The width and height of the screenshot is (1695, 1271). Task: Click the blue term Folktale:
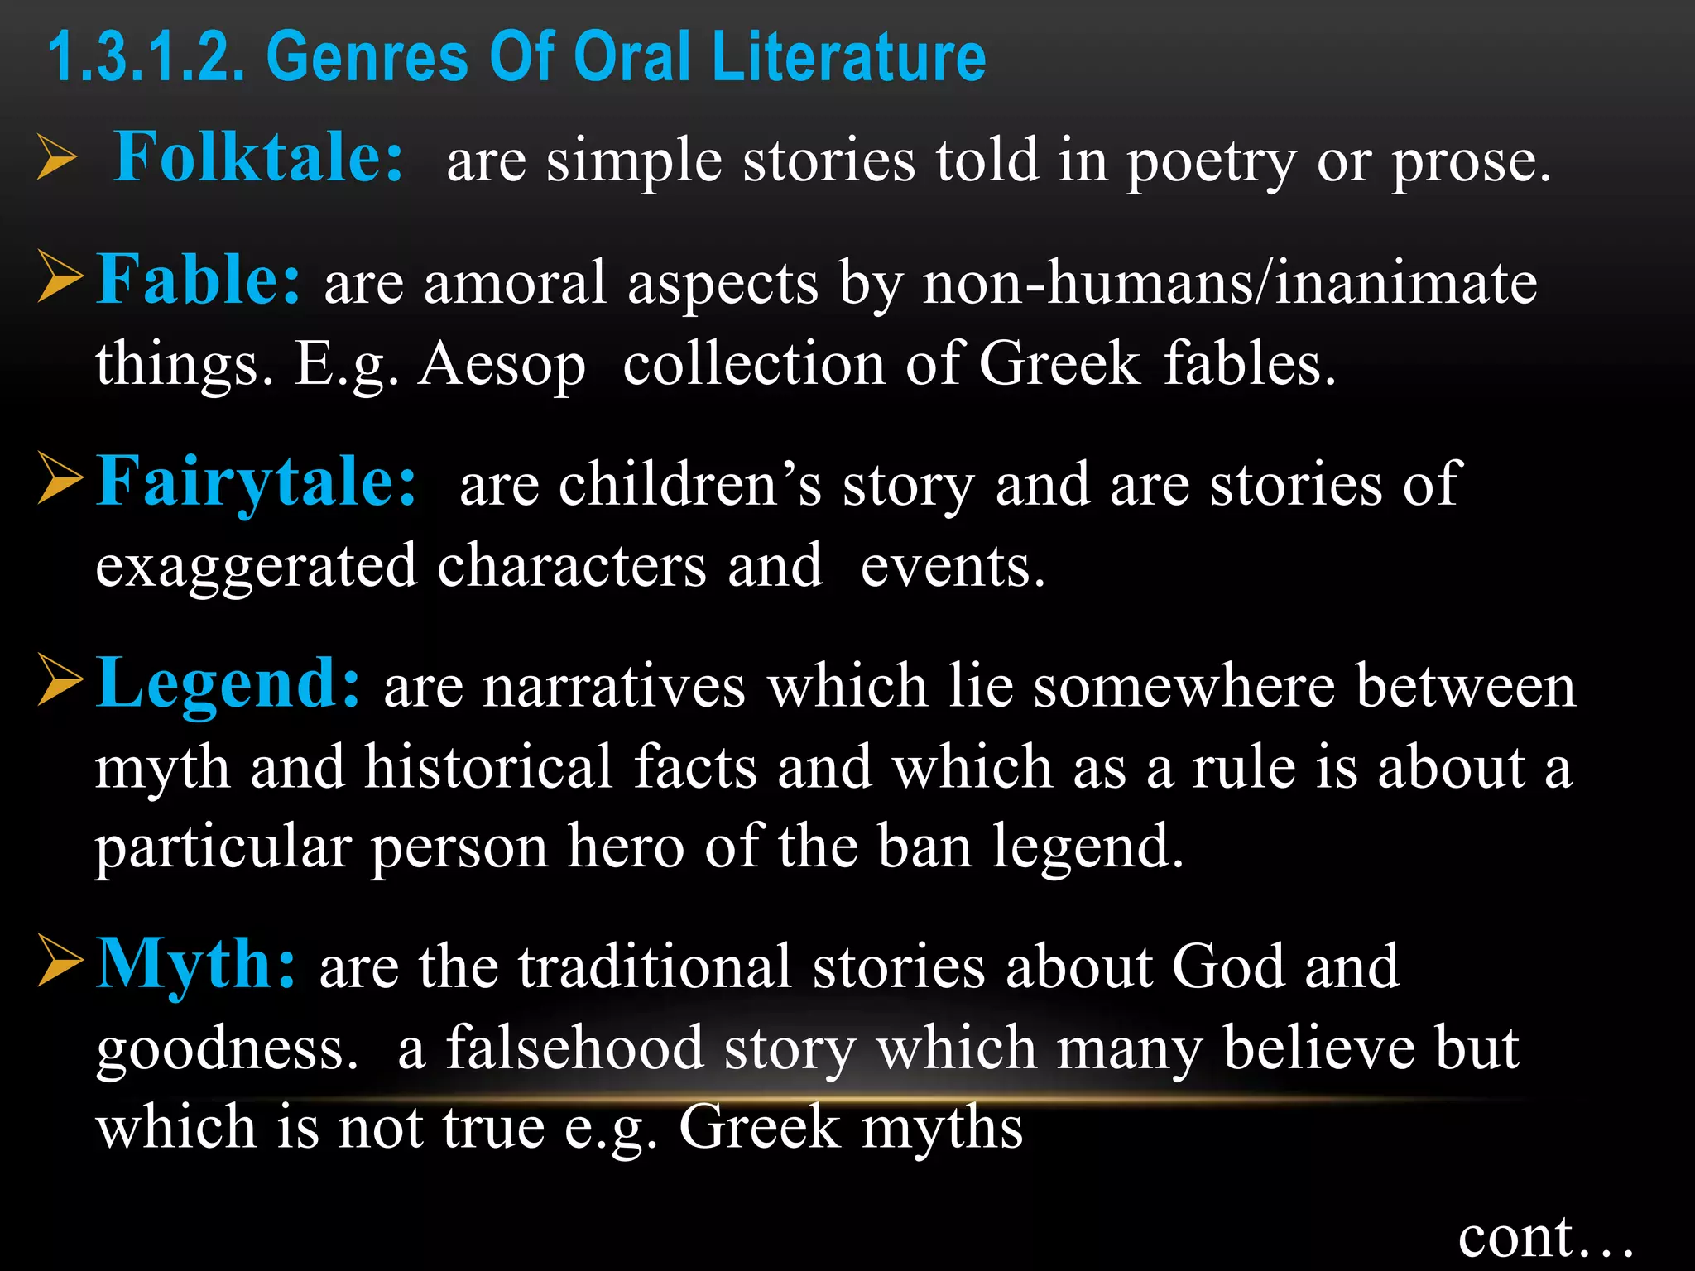click(258, 157)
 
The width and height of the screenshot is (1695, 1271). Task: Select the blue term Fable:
click(199, 280)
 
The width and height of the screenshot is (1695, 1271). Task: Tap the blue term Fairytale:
click(257, 482)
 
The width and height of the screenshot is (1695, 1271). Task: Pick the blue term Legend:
click(228, 683)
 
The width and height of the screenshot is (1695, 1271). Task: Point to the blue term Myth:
click(196, 964)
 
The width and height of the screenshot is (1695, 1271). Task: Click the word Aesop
click(502, 364)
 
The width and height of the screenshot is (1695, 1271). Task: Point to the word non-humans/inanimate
click(1230, 283)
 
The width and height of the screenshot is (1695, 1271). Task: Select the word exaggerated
click(256, 568)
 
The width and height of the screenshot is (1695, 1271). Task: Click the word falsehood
click(575, 1048)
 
